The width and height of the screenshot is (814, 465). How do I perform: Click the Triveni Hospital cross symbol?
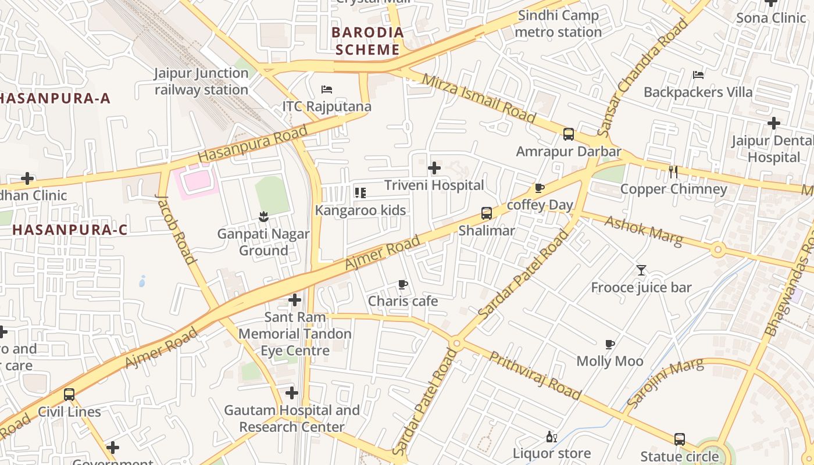tap(434, 169)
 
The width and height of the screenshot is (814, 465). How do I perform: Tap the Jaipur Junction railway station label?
tap(201, 81)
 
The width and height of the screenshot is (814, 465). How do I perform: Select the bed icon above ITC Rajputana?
tap(327, 90)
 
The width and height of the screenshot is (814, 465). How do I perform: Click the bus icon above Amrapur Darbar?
tap(568, 134)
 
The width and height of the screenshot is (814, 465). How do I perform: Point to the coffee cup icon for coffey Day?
tap(539, 188)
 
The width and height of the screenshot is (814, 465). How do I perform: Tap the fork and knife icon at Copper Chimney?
tap(673, 172)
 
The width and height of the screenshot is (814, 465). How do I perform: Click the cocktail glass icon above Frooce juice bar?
tap(641, 270)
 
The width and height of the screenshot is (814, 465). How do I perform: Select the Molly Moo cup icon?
tap(609, 345)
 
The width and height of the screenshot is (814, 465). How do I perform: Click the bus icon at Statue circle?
tap(679, 439)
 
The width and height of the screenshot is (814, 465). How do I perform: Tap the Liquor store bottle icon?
tap(551, 437)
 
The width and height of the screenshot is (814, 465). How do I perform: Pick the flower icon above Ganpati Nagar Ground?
tap(263, 217)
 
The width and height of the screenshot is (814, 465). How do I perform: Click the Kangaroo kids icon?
tap(360, 193)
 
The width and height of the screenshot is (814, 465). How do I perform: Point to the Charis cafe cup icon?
tap(402, 284)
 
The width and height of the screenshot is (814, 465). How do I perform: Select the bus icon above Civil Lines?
tap(69, 395)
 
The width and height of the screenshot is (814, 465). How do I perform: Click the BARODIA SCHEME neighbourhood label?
tap(367, 41)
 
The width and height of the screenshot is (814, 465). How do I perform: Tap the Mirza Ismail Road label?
tap(478, 98)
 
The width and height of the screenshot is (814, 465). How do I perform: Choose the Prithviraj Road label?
tap(534, 375)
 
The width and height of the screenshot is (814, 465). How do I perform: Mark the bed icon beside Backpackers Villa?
tap(698, 75)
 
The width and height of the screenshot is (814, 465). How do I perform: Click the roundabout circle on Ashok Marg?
tap(717, 250)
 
